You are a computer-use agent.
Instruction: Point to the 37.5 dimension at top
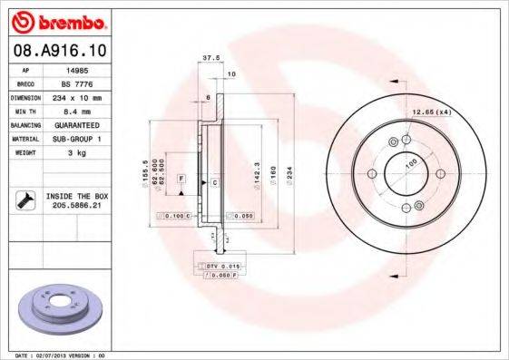(x=210, y=57)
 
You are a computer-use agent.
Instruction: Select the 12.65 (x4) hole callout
(x=432, y=112)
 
